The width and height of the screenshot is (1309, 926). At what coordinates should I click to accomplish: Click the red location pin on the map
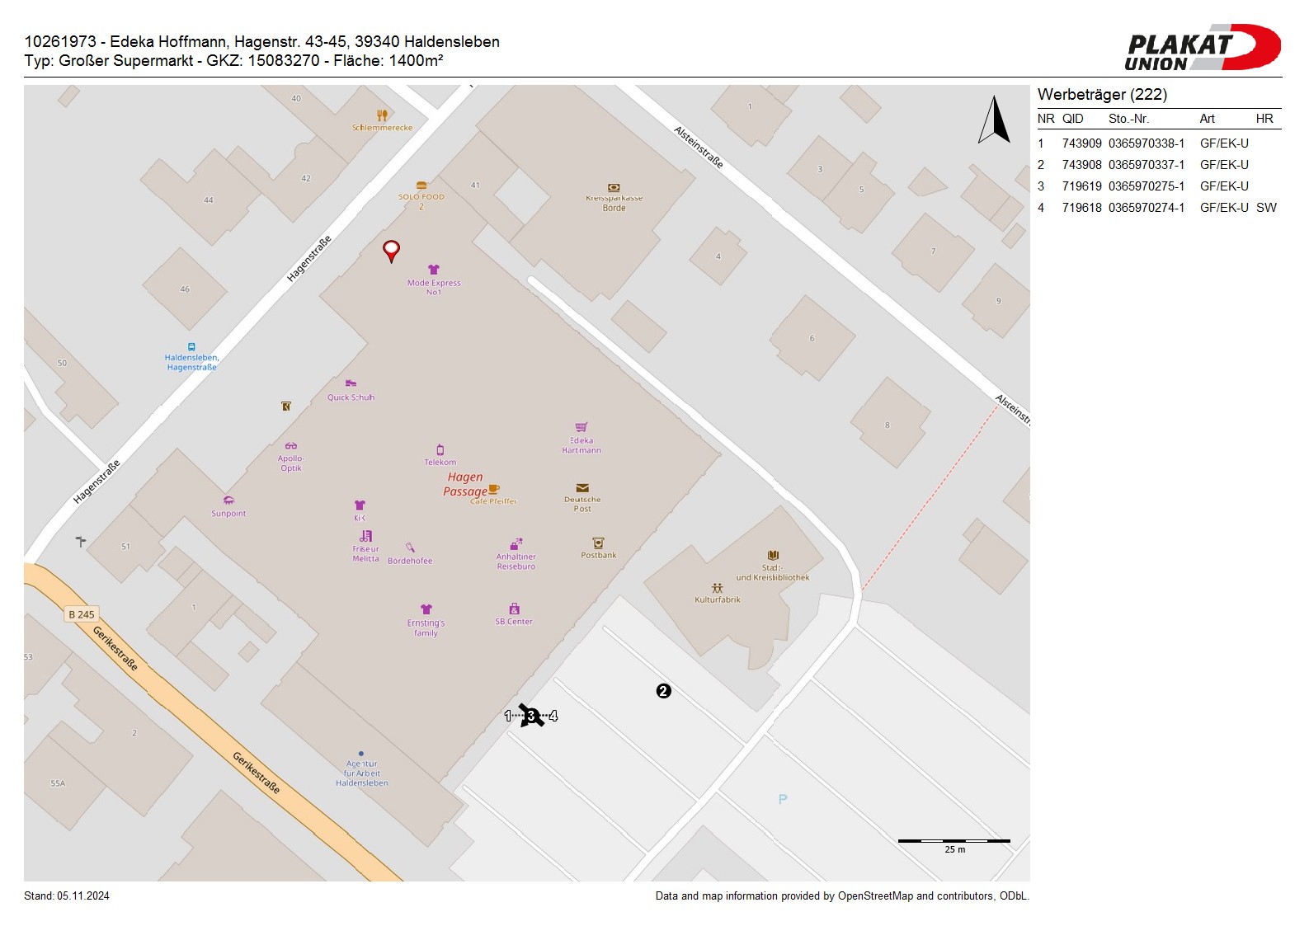[391, 250]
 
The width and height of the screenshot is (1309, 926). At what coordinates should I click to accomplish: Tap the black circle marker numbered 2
[663, 691]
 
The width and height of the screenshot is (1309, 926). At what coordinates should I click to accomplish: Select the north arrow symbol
[995, 120]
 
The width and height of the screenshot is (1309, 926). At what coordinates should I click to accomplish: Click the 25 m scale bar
[953, 841]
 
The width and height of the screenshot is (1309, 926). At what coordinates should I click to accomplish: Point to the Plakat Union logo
[1202, 48]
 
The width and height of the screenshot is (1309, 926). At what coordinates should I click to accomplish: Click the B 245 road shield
[82, 614]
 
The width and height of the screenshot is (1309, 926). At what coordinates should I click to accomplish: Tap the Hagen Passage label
[465, 484]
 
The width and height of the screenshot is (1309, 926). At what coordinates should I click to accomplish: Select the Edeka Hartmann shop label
[582, 444]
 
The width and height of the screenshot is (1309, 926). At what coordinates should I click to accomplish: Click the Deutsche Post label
[582, 503]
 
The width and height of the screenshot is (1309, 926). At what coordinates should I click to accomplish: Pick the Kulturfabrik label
[718, 599]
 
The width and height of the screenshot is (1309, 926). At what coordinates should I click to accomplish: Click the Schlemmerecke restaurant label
[382, 127]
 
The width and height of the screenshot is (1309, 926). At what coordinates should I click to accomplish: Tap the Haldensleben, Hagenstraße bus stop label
[191, 362]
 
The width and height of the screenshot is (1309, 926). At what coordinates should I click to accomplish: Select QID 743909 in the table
[1081, 143]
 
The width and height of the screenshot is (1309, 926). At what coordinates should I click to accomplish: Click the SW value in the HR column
[1265, 208]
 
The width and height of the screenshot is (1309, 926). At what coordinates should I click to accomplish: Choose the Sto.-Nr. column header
[1128, 119]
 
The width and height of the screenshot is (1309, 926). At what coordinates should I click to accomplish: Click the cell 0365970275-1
[1146, 186]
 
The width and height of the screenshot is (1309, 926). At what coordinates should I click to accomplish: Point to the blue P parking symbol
[783, 799]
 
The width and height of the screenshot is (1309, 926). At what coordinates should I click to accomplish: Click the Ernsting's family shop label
[426, 628]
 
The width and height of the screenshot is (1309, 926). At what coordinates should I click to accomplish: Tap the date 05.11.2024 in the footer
[83, 895]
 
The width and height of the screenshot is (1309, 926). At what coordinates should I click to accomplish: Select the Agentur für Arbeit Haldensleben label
[361, 773]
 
